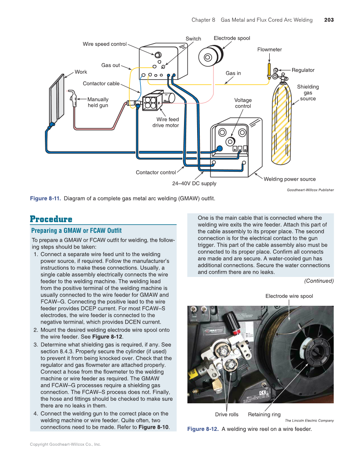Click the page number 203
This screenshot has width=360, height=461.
point(329,20)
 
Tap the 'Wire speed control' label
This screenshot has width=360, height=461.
point(104,44)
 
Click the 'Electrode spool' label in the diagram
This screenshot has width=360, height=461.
point(232,38)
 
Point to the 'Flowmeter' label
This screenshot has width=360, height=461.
point(269,50)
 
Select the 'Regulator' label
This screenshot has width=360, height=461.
point(303,70)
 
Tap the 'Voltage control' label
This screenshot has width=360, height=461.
point(243,103)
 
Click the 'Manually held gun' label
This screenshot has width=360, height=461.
point(98,102)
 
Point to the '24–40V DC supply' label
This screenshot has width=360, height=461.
point(194,183)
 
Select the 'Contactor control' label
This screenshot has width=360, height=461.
point(155,172)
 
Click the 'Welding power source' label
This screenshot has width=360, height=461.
point(290,179)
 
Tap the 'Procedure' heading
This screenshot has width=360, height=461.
point(51,219)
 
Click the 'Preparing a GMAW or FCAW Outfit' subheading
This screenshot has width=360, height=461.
point(76,231)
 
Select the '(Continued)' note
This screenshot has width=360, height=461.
point(319,281)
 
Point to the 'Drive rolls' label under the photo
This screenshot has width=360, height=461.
point(226,414)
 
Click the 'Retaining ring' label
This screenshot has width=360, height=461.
point(264,414)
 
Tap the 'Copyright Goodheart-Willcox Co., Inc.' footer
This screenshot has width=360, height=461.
point(65,444)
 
